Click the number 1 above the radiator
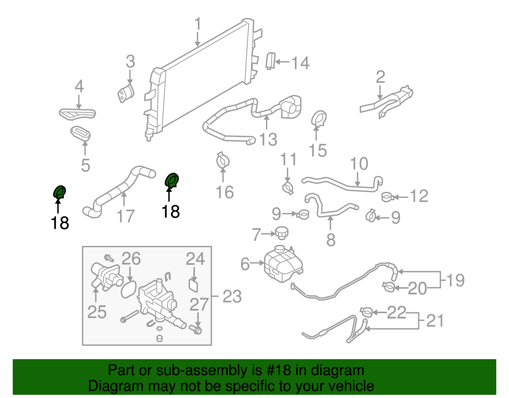click(198, 24)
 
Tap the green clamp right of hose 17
click(172, 181)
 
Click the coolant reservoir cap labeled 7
click(281, 233)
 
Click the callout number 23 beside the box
click(232, 297)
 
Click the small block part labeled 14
click(270, 61)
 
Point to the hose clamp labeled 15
click(318, 119)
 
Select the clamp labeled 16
click(223, 161)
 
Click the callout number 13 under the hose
click(268, 140)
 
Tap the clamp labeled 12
click(388, 197)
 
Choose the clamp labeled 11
click(288, 187)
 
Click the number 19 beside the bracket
click(455, 280)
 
